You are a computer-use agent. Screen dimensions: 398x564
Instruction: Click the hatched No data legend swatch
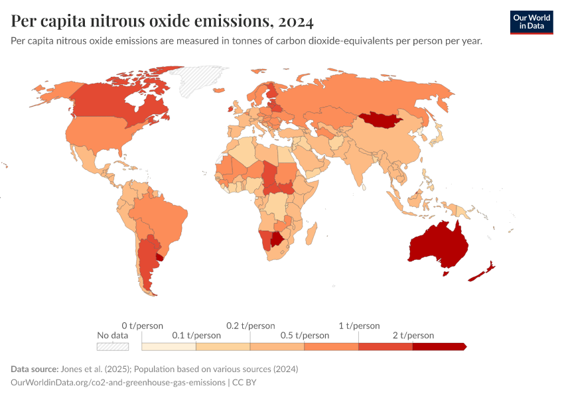point(112,346)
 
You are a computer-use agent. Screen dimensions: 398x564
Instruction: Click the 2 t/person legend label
point(413,335)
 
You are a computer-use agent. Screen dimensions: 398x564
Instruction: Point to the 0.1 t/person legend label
point(196,335)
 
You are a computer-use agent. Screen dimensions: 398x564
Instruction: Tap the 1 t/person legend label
point(359,326)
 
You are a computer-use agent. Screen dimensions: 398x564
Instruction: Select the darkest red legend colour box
point(439,346)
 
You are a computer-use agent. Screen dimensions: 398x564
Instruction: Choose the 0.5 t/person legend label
point(305,335)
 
